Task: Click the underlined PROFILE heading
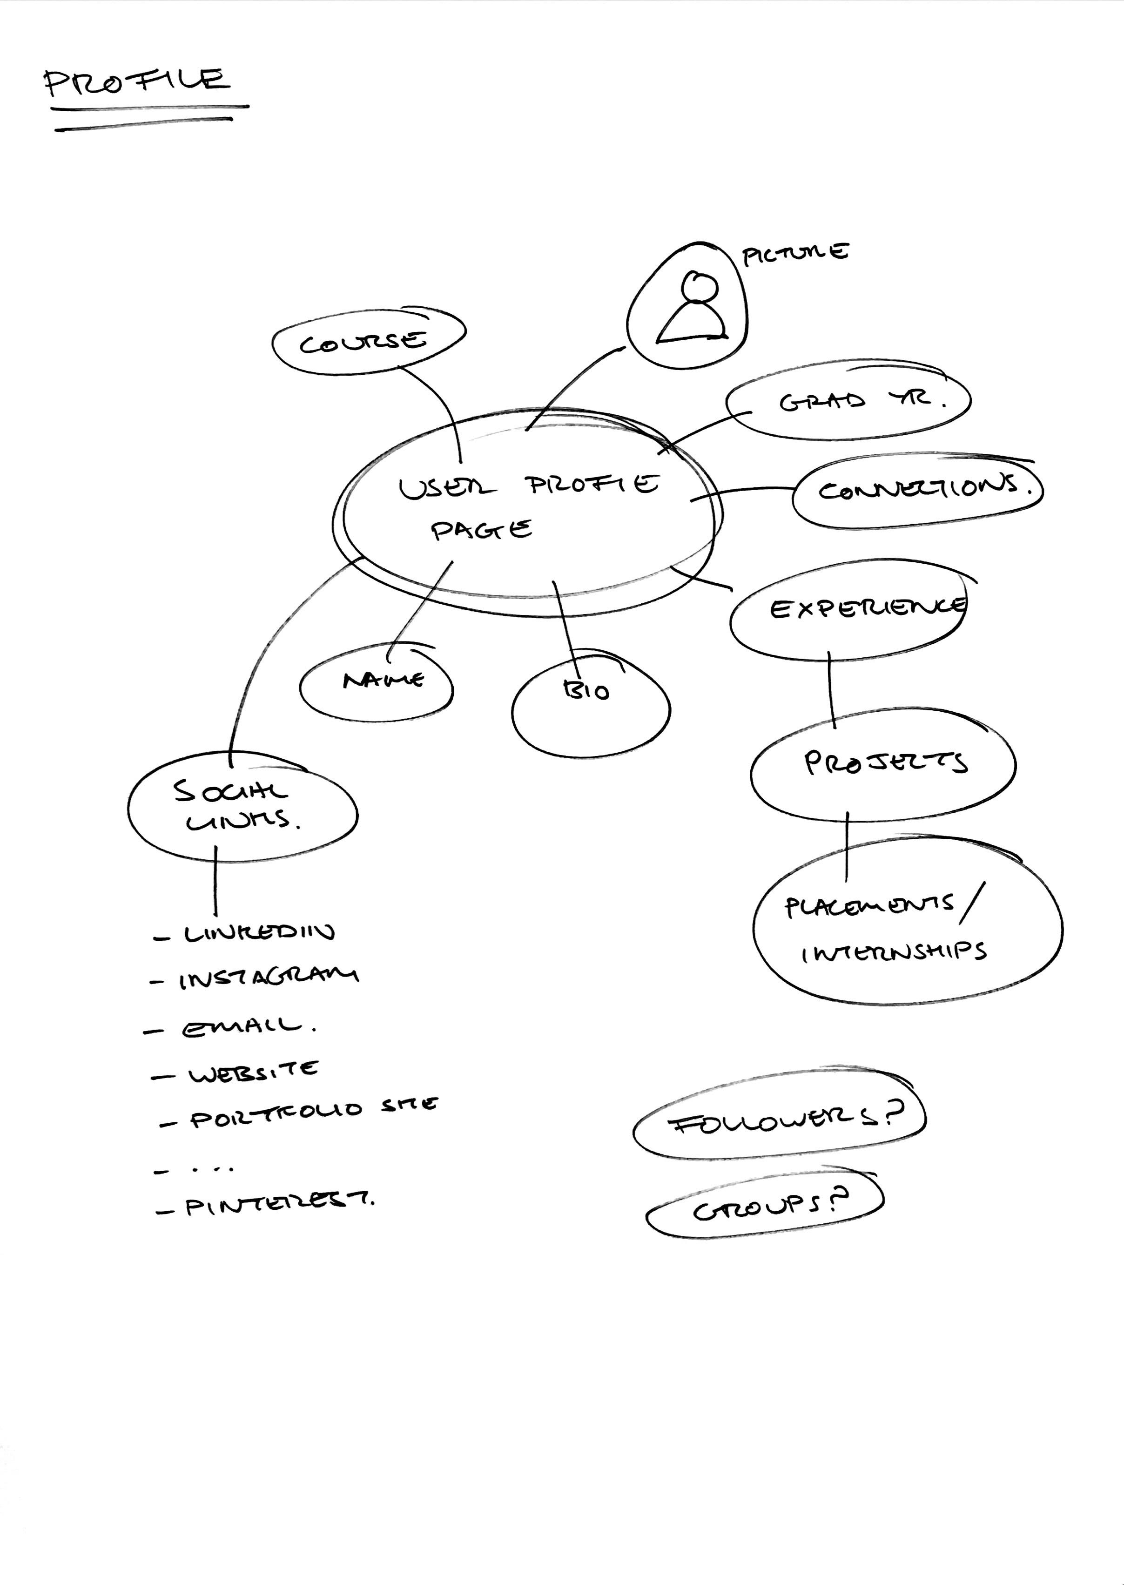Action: [136, 81]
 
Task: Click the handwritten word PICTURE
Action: [794, 254]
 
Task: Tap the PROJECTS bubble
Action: [883, 763]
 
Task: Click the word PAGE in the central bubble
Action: [481, 531]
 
